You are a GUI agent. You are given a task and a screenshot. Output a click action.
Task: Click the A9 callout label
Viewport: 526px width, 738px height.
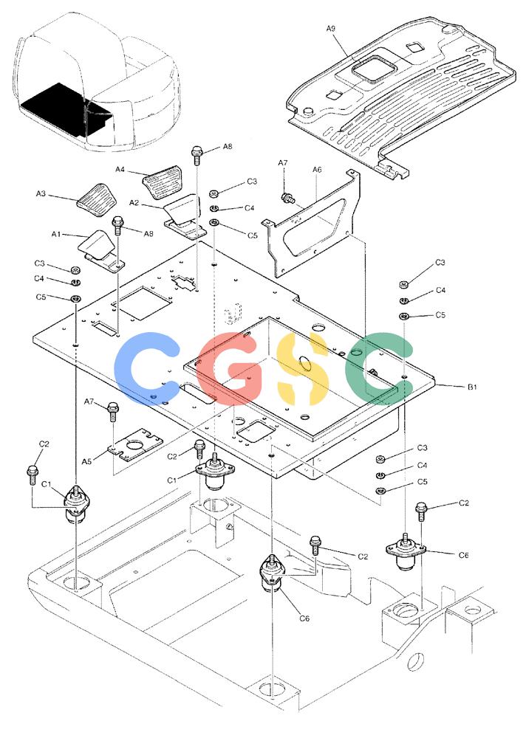point(330,29)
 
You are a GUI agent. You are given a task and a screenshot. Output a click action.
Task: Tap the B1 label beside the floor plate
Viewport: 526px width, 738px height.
point(472,387)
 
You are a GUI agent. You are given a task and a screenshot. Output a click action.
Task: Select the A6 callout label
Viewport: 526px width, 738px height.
point(317,170)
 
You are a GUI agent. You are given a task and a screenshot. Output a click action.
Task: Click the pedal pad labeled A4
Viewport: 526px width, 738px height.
point(161,182)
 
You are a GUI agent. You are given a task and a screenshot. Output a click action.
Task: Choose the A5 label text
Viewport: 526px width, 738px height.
point(86,462)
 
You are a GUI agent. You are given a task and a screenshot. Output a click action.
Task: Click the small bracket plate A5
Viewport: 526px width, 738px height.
point(135,444)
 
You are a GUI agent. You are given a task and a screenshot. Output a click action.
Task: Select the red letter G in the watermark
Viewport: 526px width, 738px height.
point(229,369)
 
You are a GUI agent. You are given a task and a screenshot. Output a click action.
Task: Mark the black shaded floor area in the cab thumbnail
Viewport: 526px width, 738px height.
point(66,108)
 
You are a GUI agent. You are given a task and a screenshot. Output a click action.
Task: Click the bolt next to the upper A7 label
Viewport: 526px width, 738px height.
point(286,198)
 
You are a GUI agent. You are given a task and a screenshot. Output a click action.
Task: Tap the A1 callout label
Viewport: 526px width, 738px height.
point(57,234)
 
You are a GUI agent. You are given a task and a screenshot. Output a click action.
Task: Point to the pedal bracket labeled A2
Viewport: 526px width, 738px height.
point(184,218)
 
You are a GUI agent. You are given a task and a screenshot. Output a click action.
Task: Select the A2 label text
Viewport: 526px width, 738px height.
point(134,203)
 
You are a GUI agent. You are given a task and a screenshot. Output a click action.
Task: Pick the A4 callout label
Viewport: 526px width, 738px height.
point(120,170)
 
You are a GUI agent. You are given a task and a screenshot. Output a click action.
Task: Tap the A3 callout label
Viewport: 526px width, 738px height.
point(41,193)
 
